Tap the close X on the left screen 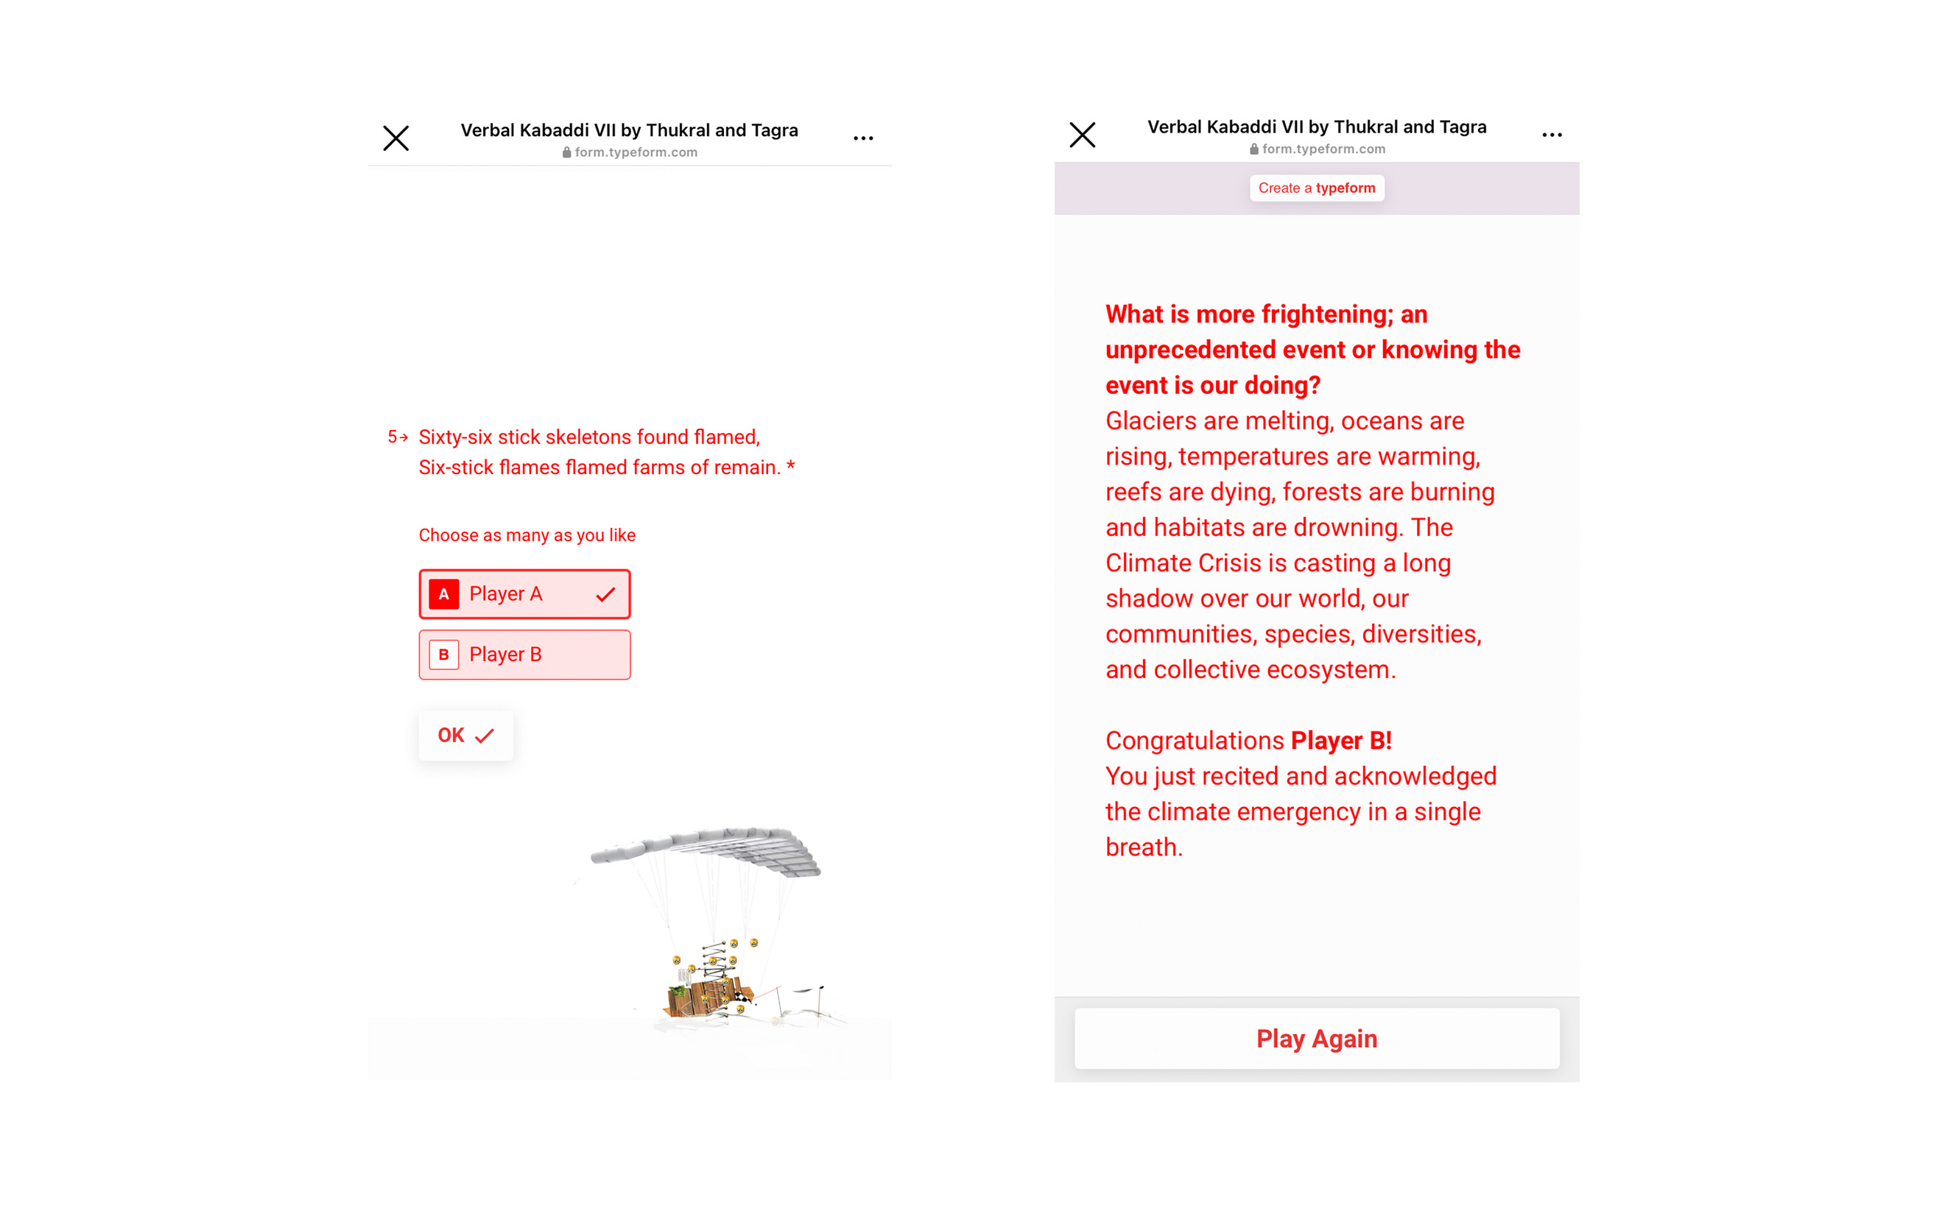coord(395,138)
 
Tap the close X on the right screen coord(1082,135)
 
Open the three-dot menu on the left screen coord(863,138)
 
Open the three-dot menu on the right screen coord(1551,135)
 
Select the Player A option coord(524,593)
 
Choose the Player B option coord(524,655)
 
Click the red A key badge coord(443,593)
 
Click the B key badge coord(443,655)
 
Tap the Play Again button coord(1316,1039)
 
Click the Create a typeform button coord(1316,188)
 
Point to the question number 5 coord(393,437)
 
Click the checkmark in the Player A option coord(605,594)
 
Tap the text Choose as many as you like coord(527,535)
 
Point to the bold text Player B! coord(1341,741)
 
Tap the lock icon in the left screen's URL coord(566,152)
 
